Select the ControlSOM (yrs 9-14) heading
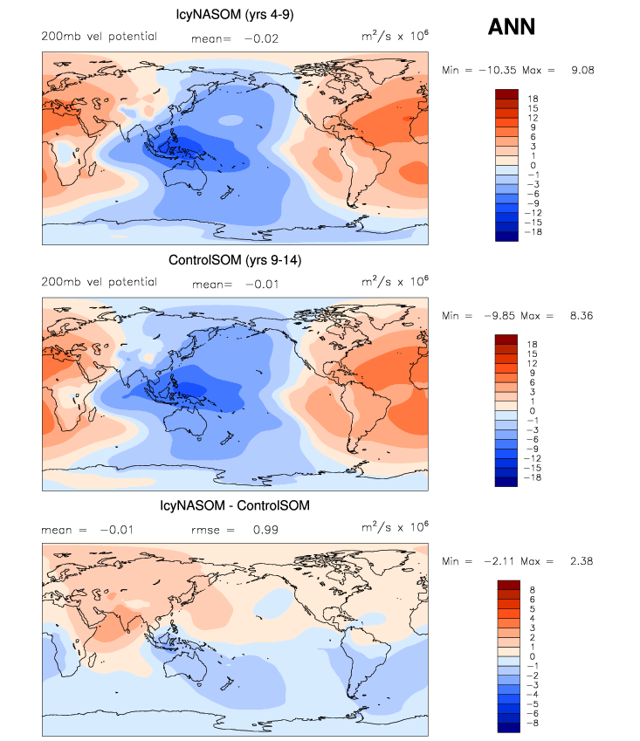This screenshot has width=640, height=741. point(235,260)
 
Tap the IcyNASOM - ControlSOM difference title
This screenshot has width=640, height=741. point(235,505)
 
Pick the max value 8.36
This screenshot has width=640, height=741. point(582,315)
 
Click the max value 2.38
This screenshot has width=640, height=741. point(582,560)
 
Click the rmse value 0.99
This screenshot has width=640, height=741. point(265,528)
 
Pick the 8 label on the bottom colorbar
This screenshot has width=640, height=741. point(533,589)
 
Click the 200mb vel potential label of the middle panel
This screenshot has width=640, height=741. point(100,282)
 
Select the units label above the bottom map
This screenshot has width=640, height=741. point(396,528)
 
